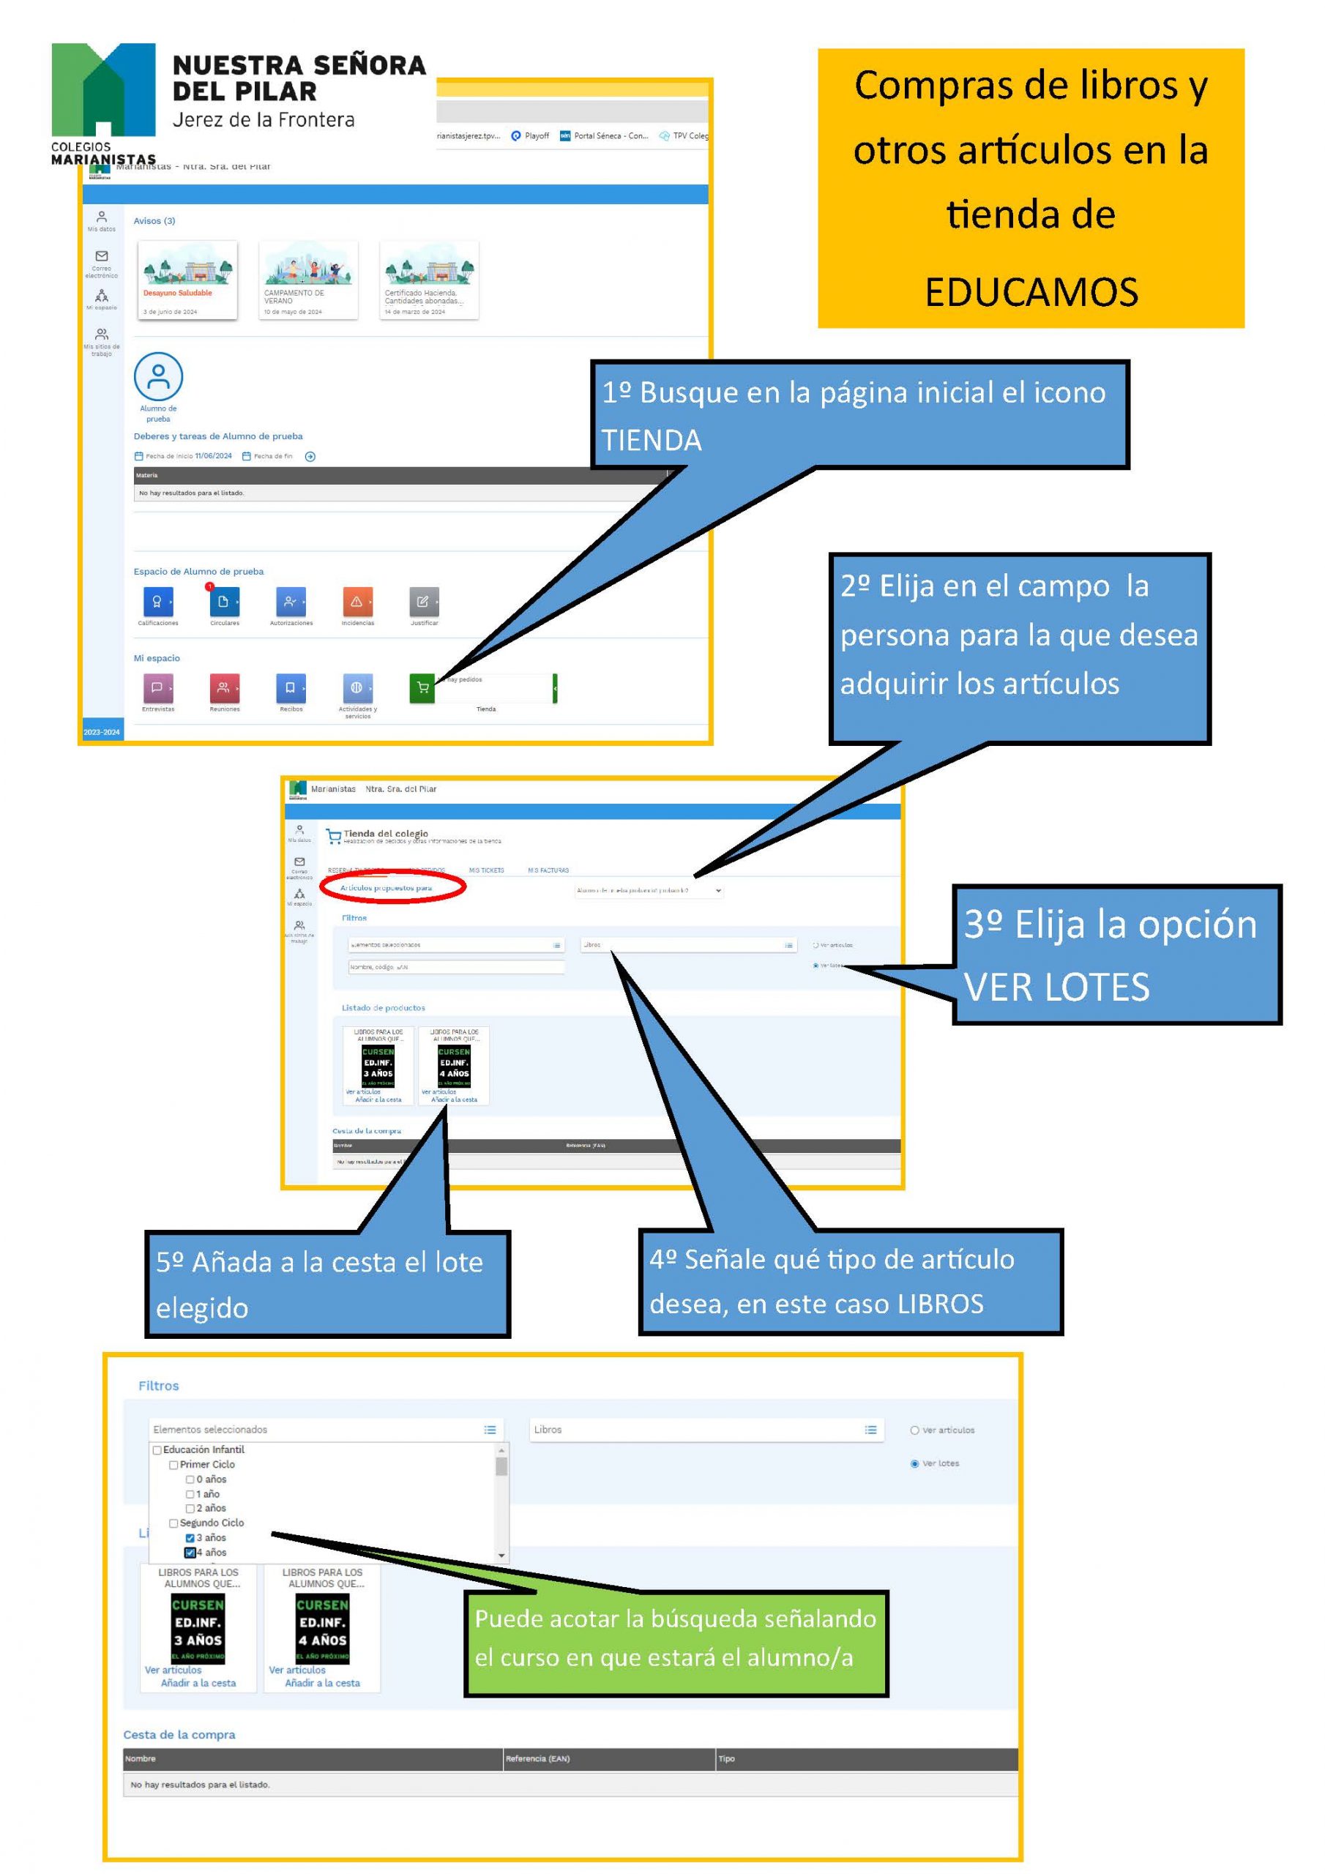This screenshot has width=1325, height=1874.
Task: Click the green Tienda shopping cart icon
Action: point(422,687)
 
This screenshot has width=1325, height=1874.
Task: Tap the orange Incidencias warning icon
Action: point(357,602)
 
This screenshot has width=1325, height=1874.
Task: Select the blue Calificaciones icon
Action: point(157,602)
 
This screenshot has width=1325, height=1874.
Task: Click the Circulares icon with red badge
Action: point(224,602)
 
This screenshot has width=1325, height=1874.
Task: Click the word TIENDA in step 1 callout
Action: point(652,440)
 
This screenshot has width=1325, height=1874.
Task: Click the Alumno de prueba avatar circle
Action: point(157,376)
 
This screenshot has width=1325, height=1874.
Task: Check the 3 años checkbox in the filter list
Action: point(190,1538)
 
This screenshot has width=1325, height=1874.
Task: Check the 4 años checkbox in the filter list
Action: point(190,1553)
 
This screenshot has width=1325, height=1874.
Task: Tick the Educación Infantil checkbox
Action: point(157,1449)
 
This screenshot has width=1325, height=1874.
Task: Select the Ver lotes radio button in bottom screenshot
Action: point(914,1463)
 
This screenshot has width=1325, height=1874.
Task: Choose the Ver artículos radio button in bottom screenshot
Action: point(914,1430)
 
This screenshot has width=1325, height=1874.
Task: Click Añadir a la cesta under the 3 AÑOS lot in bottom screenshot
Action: point(198,1683)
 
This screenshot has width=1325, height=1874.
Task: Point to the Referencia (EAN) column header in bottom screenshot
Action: point(537,1758)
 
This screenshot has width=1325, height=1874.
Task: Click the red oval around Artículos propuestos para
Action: point(392,887)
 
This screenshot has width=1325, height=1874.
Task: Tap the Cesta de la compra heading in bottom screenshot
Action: point(179,1734)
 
